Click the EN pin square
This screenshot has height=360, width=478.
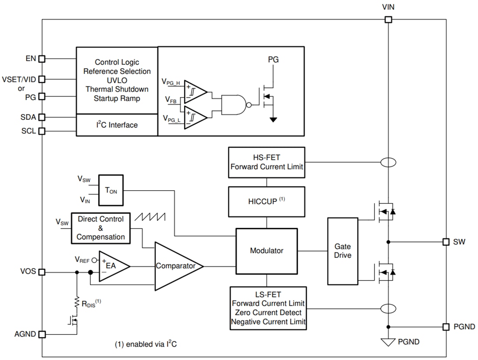coord(42,59)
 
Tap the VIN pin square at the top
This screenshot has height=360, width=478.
coord(388,20)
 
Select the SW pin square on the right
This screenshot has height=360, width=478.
coord(445,242)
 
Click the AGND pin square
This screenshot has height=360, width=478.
coord(42,334)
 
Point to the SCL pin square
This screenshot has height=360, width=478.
coord(42,131)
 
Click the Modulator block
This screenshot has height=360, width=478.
coord(266,251)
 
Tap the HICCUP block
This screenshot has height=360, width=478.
coord(266,202)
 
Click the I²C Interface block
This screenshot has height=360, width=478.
coord(116,125)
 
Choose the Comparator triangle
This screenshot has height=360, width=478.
coord(176,266)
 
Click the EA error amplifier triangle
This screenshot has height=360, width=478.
coord(112,265)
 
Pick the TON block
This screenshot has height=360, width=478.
coord(111,190)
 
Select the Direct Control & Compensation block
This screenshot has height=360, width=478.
coord(100,228)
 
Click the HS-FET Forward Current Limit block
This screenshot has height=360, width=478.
coord(266,162)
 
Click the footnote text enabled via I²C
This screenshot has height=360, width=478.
coord(146,344)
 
